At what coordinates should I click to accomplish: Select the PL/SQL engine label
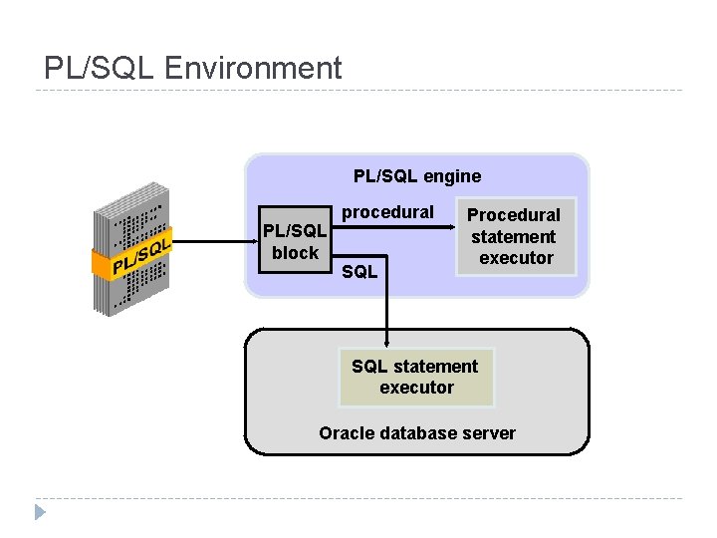(x=416, y=176)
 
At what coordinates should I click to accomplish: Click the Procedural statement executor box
(x=514, y=236)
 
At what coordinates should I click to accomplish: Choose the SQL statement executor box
(x=416, y=377)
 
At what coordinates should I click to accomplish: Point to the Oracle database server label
(x=416, y=433)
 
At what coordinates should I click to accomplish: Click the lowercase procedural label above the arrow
(x=387, y=212)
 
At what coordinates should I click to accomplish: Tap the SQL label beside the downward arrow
(x=358, y=271)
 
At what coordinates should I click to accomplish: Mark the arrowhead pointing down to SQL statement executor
(x=387, y=342)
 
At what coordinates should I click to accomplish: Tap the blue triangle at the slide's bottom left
(x=40, y=513)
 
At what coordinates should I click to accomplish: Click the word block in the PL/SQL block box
(x=295, y=253)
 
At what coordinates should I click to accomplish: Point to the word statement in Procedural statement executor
(x=514, y=236)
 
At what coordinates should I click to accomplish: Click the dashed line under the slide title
(x=358, y=91)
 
